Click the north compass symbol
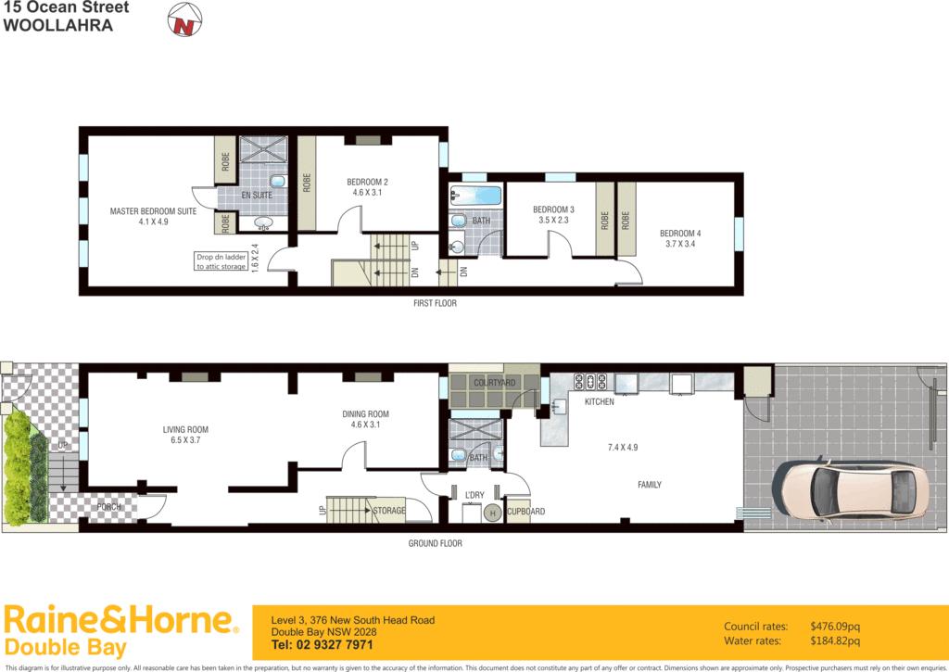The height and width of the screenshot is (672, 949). point(183,21)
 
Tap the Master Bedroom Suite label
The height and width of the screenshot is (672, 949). point(153,211)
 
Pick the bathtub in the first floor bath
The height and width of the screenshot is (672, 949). point(476,197)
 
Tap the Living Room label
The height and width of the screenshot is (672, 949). point(185,429)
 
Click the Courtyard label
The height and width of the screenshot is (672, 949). point(494,382)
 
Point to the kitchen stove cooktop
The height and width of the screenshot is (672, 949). point(590,380)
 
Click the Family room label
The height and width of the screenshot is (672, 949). point(649,485)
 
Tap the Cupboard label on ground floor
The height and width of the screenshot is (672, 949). point(525,512)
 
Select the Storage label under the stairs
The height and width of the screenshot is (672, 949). point(388,511)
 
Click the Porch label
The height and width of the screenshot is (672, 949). point(109,507)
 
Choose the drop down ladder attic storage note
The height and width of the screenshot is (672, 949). point(221,261)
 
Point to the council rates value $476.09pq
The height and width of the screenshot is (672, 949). point(835,627)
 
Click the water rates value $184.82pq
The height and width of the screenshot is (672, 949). point(835,640)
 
